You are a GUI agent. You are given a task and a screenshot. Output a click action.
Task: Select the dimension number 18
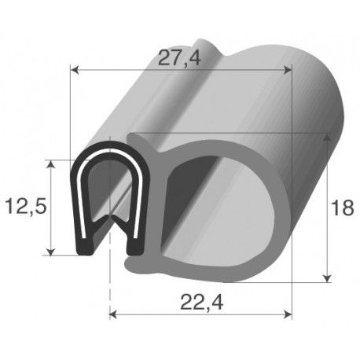(341, 208)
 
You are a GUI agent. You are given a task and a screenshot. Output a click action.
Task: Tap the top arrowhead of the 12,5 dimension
(53, 164)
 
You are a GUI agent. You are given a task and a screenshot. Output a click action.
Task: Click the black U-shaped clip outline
(80, 197)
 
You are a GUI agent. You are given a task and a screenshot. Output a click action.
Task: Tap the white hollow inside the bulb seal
(212, 204)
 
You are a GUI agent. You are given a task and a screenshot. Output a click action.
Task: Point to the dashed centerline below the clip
(109, 291)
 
